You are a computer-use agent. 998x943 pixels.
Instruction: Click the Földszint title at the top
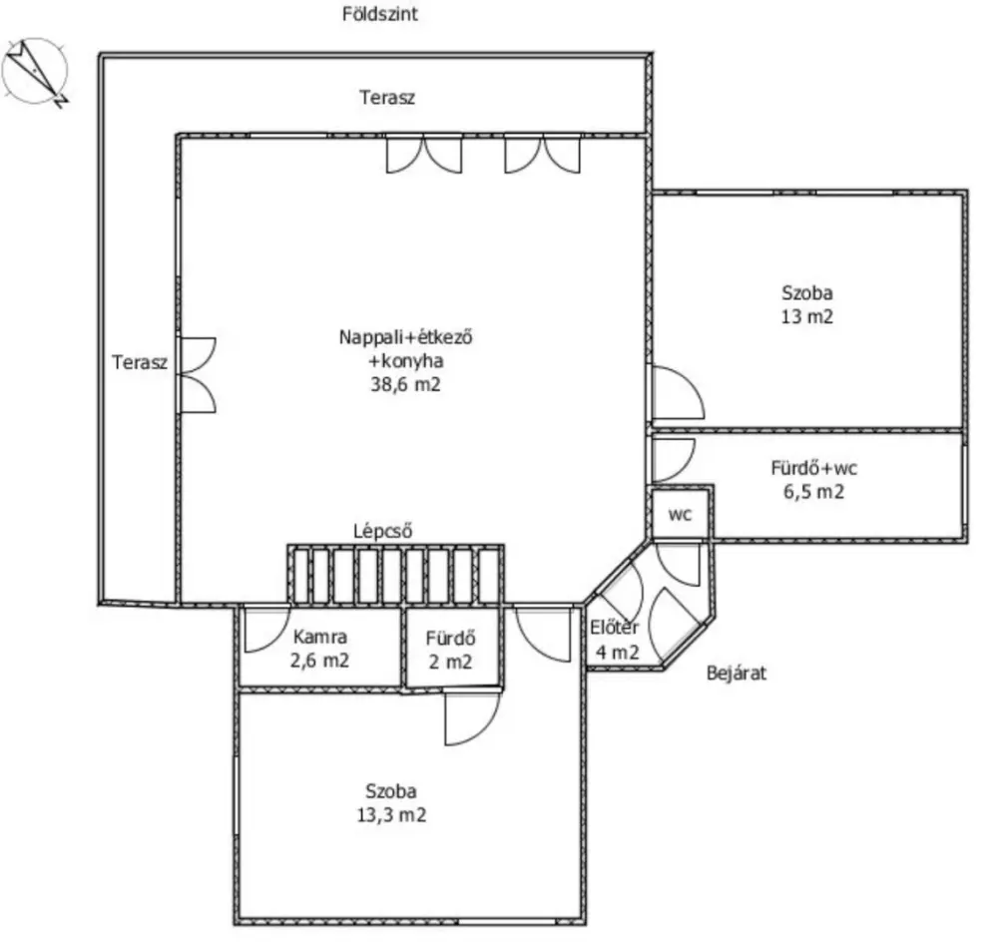(x=380, y=14)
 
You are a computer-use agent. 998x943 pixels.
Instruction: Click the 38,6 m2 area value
(x=405, y=384)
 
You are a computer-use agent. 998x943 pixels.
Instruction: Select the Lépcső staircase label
(x=383, y=531)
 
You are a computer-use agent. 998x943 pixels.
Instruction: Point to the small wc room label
(x=680, y=514)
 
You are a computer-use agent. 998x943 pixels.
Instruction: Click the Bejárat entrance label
(x=737, y=673)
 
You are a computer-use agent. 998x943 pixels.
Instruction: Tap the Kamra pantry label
(x=320, y=637)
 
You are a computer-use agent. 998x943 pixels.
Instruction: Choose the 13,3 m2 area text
(x=391, y=814)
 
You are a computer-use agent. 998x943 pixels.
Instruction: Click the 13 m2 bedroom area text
(x=807, y=316)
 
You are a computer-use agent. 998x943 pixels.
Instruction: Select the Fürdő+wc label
(x=814, y=468)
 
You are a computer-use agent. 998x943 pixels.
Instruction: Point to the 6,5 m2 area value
(x=814, y=492)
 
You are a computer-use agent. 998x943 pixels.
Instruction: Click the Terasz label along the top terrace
(x=387, y=98)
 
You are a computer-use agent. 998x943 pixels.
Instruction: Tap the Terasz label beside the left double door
(x=140, y=362)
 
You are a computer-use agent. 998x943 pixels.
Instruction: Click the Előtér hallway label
(x=614, y=628)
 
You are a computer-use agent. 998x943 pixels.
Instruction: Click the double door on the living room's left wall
(x=198, y=375)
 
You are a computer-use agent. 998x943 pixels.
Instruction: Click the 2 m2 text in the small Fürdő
(x=451, y=663)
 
